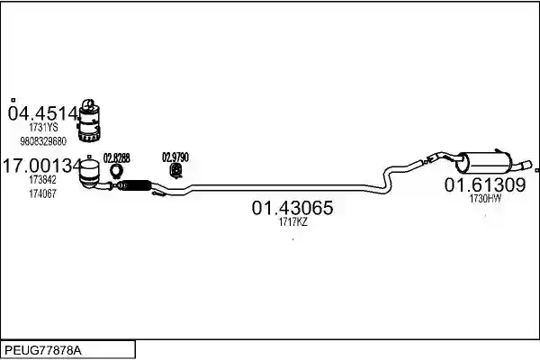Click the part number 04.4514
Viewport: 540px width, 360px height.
[x=43, y=113]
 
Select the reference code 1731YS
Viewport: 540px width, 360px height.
[x=43, y=128]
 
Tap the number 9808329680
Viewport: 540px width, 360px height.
[x=43, y=141]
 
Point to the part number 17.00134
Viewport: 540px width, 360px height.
[x=42, y=166]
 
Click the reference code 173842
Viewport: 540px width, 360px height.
[x=42, y=179]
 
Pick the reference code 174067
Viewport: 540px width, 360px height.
[x=42, y=193]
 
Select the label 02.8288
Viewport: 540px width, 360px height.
[x=117, y=158]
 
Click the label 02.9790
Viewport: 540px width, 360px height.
[x=175, y=157]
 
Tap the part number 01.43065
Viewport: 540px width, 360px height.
[x=292, y=208]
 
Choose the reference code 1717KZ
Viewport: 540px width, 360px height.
[x=292, y=222]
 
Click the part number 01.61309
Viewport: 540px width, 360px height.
[x=485, y=185]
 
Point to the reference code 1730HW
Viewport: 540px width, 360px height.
[x=485, y=198]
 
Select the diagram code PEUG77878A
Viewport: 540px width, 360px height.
[x=43, y=351]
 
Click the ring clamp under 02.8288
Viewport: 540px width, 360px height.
[x=117, y=170]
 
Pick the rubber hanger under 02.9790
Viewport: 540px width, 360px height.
[x=176, y=171]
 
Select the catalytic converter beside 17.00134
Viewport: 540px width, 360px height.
[x=89, y=175]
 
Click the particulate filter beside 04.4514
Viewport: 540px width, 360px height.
[x=89, y=121]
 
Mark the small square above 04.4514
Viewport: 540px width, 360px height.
[x=13, y=100]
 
